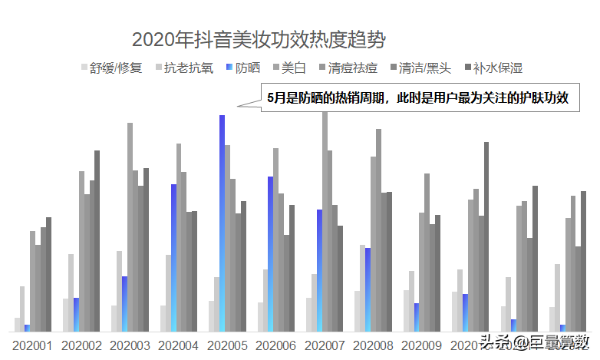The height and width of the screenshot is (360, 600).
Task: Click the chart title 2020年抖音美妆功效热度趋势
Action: [259, 39]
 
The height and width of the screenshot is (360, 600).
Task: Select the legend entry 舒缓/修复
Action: [111, 68]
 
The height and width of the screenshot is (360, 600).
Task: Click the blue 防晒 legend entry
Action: [242, 68]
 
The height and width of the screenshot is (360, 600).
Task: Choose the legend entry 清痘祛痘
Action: [347, 68]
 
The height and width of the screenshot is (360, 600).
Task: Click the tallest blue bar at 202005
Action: [223, 223]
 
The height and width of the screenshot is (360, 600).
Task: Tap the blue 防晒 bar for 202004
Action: [174, 257]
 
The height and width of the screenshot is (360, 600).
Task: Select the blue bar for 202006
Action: [271, 253]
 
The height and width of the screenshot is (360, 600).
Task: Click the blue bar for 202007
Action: [319, 270]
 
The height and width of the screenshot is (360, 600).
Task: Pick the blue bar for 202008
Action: [368, 289]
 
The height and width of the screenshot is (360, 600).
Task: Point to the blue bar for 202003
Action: [125, 303]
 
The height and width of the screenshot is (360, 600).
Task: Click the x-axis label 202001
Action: [32, 345]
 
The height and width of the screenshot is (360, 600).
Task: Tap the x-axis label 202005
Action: [227, 345]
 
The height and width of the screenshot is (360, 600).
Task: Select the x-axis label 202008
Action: [374, 345]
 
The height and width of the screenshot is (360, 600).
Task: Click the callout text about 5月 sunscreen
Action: [417, 97]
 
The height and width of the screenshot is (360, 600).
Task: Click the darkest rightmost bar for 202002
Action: [97, 241]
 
